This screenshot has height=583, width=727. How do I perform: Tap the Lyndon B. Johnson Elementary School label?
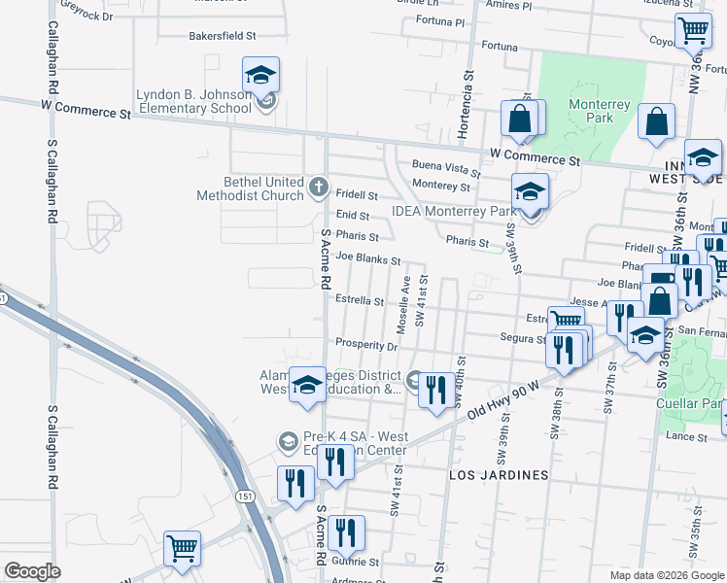(x=193, y=101)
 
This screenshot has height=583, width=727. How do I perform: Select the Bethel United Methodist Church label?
(x=250, y=189)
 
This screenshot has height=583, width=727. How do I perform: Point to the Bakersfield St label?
(x=222, y=36)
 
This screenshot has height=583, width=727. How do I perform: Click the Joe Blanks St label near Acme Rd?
(x=367, y=259)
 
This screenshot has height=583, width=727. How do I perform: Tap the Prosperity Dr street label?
(x=366, y=344)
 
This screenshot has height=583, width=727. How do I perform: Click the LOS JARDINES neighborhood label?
(x=499, y=475)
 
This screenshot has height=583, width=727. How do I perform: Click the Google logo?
(x=32, y=570)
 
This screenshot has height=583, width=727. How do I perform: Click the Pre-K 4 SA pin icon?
(x=287, y=442)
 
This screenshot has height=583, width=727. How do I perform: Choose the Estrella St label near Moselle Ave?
(x=360, y=301)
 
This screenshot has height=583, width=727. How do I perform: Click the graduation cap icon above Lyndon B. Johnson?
(x=260, y=75)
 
